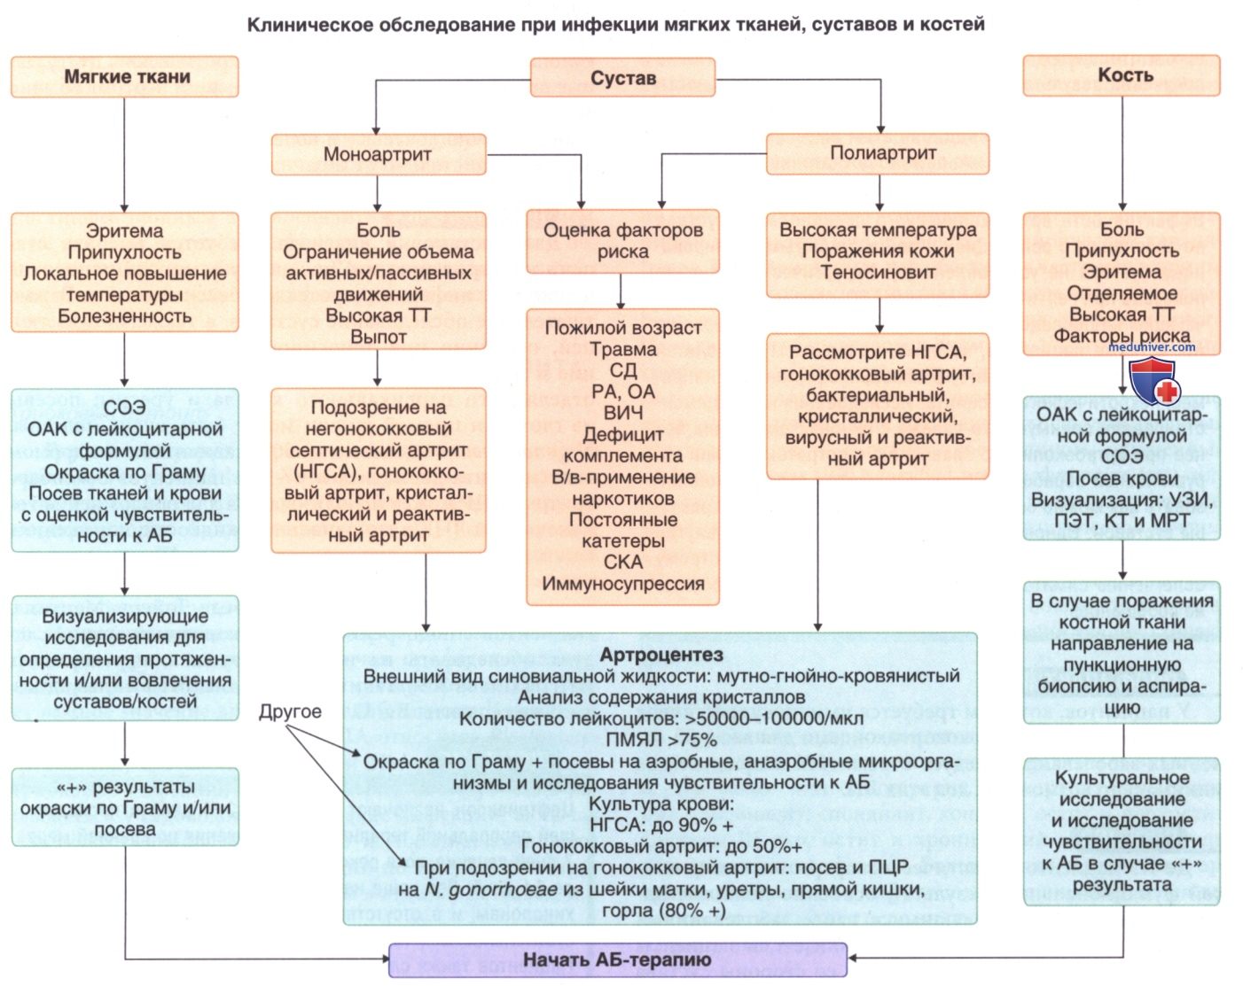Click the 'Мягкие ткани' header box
pos(125,76)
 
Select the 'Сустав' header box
pos(622,78)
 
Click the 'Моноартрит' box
pos(378,154)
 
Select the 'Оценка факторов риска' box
pos(622,241)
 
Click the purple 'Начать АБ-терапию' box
pos(617,959)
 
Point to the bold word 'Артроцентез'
pos(661,655)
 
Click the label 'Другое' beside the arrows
pos(290,711)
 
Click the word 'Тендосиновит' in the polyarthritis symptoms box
pos(878,272)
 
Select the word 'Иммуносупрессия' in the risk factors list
pos(623,584)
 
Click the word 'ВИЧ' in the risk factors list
pos(622,413)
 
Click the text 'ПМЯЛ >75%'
pos(661,740)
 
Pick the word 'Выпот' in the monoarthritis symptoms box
pos(378,337)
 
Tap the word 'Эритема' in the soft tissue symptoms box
pos(124,231)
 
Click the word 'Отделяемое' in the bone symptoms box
pos(1122,293)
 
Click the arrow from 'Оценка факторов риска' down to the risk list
pos(621,291)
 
